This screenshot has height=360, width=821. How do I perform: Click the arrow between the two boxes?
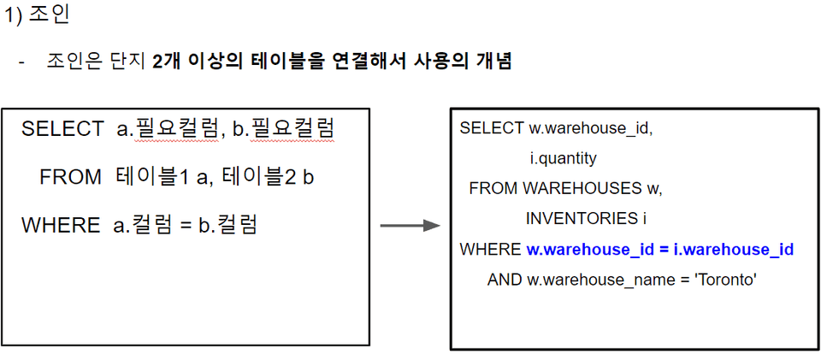coord(410,225)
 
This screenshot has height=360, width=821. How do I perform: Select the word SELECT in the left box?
coord(62,129)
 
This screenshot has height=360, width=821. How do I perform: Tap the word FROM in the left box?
coord(70,178)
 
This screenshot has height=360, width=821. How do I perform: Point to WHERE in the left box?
coord(60,226)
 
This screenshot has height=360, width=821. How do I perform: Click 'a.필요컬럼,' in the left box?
coord(170,129)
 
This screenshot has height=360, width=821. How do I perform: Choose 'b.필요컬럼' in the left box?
coord(283,129)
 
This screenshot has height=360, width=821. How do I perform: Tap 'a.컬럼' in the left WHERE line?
coord(141,226)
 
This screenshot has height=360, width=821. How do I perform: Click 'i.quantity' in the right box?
coord(563,158)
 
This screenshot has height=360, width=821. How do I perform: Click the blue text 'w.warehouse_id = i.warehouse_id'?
coord(659,249)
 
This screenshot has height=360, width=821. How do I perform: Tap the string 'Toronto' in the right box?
coord(729,279)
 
